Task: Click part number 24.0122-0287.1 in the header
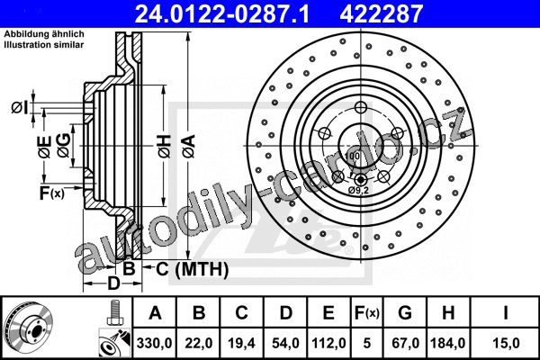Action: coord(222,13)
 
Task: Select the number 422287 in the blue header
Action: coord(381,13)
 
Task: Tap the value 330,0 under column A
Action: coord(155,343)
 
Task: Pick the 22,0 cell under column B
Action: coord(199,343)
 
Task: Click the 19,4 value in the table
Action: coord(242,343)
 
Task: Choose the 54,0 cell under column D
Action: coord(285,343)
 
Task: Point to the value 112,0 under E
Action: coord(328,343)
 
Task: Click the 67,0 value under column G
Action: coord(405,343)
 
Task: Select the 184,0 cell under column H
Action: coord(448,343)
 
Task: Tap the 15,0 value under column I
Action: coord(506,343)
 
